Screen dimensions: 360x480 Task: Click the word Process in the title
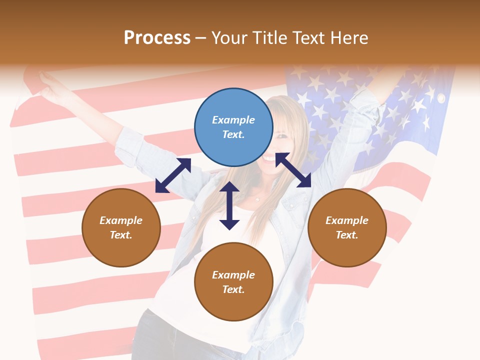[157, 38]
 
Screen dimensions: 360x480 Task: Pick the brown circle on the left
[121, 227]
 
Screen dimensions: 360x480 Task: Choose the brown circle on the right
[347, 227]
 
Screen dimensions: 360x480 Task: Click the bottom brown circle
[233, 281]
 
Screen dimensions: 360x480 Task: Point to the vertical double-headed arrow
[229, 205]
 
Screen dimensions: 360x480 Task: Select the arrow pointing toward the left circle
[173, 175]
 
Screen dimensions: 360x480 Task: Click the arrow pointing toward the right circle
[293, 170]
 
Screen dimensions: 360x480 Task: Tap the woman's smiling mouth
[270, 159]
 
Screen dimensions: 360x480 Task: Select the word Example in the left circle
[121, 220]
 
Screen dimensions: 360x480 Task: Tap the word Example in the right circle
[347, 220]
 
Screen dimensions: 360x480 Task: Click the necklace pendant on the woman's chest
[257, 199]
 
